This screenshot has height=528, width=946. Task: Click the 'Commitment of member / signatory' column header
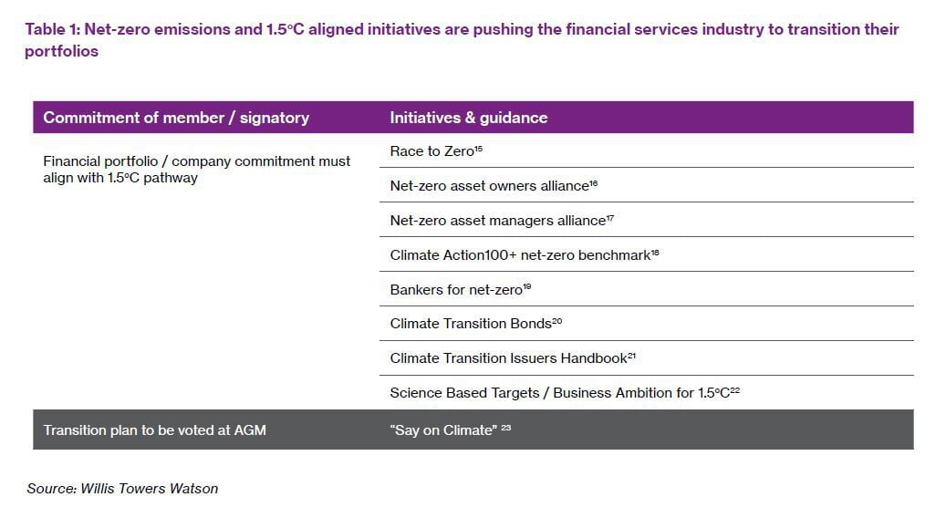[176, 117]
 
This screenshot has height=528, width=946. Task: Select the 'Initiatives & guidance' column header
[469, 117]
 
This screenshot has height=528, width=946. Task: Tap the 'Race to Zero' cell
[432, 150]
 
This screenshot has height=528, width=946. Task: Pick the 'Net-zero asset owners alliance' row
[489, 186]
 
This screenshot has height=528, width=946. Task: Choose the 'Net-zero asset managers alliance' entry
[498, 221]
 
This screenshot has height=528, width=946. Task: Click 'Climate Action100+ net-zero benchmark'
[520, 255]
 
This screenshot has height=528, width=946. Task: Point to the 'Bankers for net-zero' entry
[456, 290]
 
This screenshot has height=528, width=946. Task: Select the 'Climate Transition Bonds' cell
[471, 324]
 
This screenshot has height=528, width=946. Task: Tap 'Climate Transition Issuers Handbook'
[509, 358]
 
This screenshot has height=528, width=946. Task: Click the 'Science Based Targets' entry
[464, 393]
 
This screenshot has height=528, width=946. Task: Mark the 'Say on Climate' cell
[443, 430]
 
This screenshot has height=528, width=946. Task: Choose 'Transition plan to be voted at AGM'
[154, 430]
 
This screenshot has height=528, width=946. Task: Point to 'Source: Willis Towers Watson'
[122, 488]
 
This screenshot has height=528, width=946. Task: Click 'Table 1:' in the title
[53, 29]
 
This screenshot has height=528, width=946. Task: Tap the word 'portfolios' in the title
[61, 51]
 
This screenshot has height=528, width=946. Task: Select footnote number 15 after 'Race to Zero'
[478, 148]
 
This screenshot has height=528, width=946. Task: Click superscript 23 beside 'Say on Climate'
[506, 427]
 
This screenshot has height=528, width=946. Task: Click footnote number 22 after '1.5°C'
[735, 389]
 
